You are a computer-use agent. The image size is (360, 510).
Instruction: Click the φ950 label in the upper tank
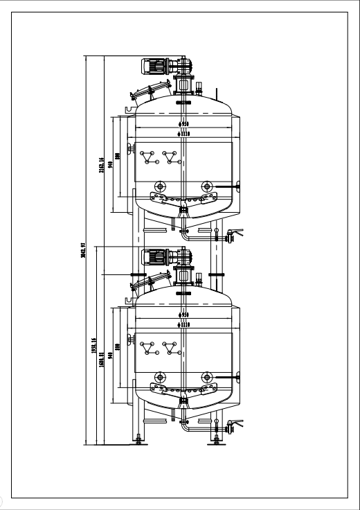pyautogui.click(x=184, y=125)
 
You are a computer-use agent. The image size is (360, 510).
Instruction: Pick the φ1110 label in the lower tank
pyautogui.click(x=184, y=323)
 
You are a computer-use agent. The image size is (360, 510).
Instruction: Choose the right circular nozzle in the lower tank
pyautogui.click(x=206, y=377)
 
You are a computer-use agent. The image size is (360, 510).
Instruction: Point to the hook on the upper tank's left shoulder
pyautogui.click(x=129, y=108)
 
